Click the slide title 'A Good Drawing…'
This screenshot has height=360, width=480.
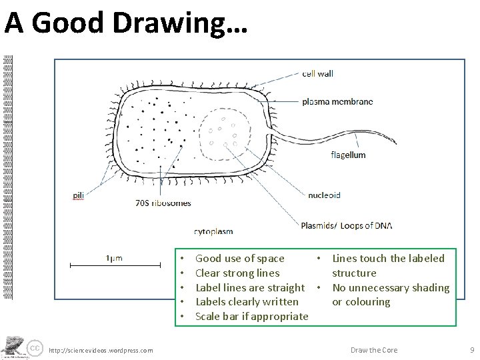coord(126,23)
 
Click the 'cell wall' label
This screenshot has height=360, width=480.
coord(317,73)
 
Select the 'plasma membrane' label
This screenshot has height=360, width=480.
coord(337,102)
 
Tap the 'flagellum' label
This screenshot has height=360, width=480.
coord(348,155)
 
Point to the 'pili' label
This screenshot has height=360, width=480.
coord(79,195)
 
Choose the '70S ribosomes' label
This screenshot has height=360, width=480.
coord(163,203)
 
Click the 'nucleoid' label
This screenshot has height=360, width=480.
coord(324,195)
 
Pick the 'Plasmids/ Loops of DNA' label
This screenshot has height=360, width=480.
coord(346,225)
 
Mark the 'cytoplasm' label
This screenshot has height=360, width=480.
coord(213,231)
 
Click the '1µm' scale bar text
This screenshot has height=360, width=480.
coord(114,258)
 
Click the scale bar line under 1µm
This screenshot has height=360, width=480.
coord(115,266)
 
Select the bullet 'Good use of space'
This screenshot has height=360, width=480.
coord(239,259)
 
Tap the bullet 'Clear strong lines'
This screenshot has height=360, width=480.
coord(237,273)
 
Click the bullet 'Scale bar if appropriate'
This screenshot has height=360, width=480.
coord(251,316)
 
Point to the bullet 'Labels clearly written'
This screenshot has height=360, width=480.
coord(247,302)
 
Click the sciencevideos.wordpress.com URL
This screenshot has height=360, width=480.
coord(101,351)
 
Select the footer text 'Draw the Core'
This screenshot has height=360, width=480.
coord(374,350)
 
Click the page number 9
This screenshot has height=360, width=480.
coord(471,350)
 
